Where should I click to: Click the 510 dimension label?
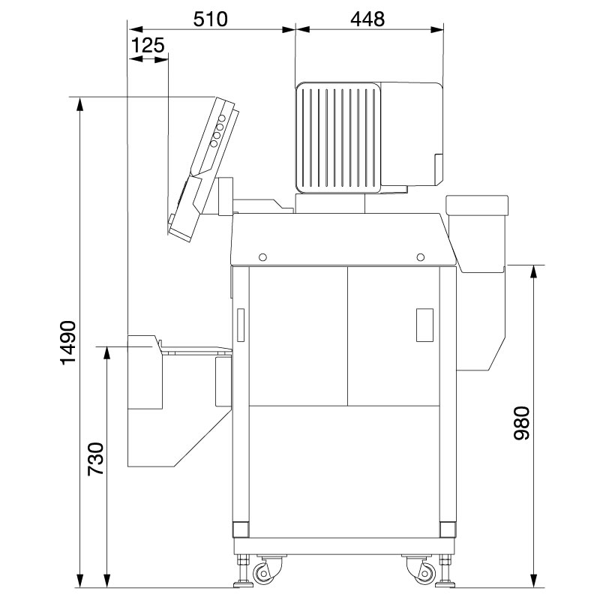[211, 18]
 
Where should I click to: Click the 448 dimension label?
[367, 18]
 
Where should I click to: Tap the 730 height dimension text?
[96, 460]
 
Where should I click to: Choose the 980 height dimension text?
[522, 424]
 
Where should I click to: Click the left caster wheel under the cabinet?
[265, 574]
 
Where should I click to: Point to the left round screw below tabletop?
[262, 257]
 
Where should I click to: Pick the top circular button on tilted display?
[222, 118]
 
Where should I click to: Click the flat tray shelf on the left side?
[197, 349]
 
